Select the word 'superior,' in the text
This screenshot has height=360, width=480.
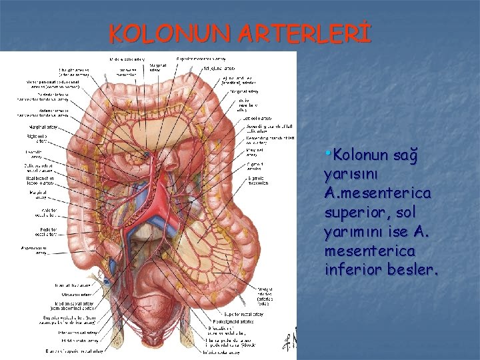[x=354, y=212]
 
